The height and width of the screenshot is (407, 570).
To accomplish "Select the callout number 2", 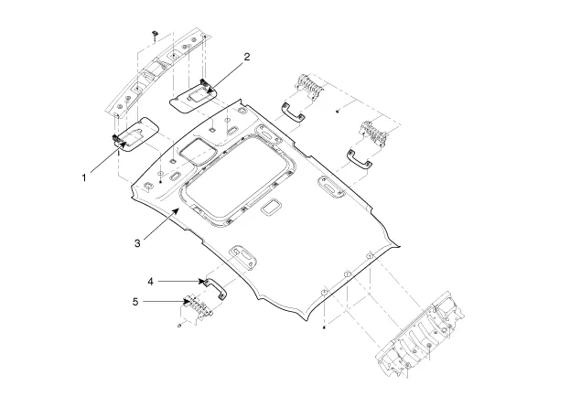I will click(246, 57).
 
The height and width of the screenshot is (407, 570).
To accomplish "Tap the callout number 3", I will click(136, 242).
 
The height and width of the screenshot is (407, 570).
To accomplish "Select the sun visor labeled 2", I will click(194, 94).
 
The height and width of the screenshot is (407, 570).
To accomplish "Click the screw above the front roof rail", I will click(156, 32).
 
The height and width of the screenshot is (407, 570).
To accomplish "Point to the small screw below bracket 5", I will click(179, 326).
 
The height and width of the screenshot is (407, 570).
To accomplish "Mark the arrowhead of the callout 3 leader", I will click(178, 209).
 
